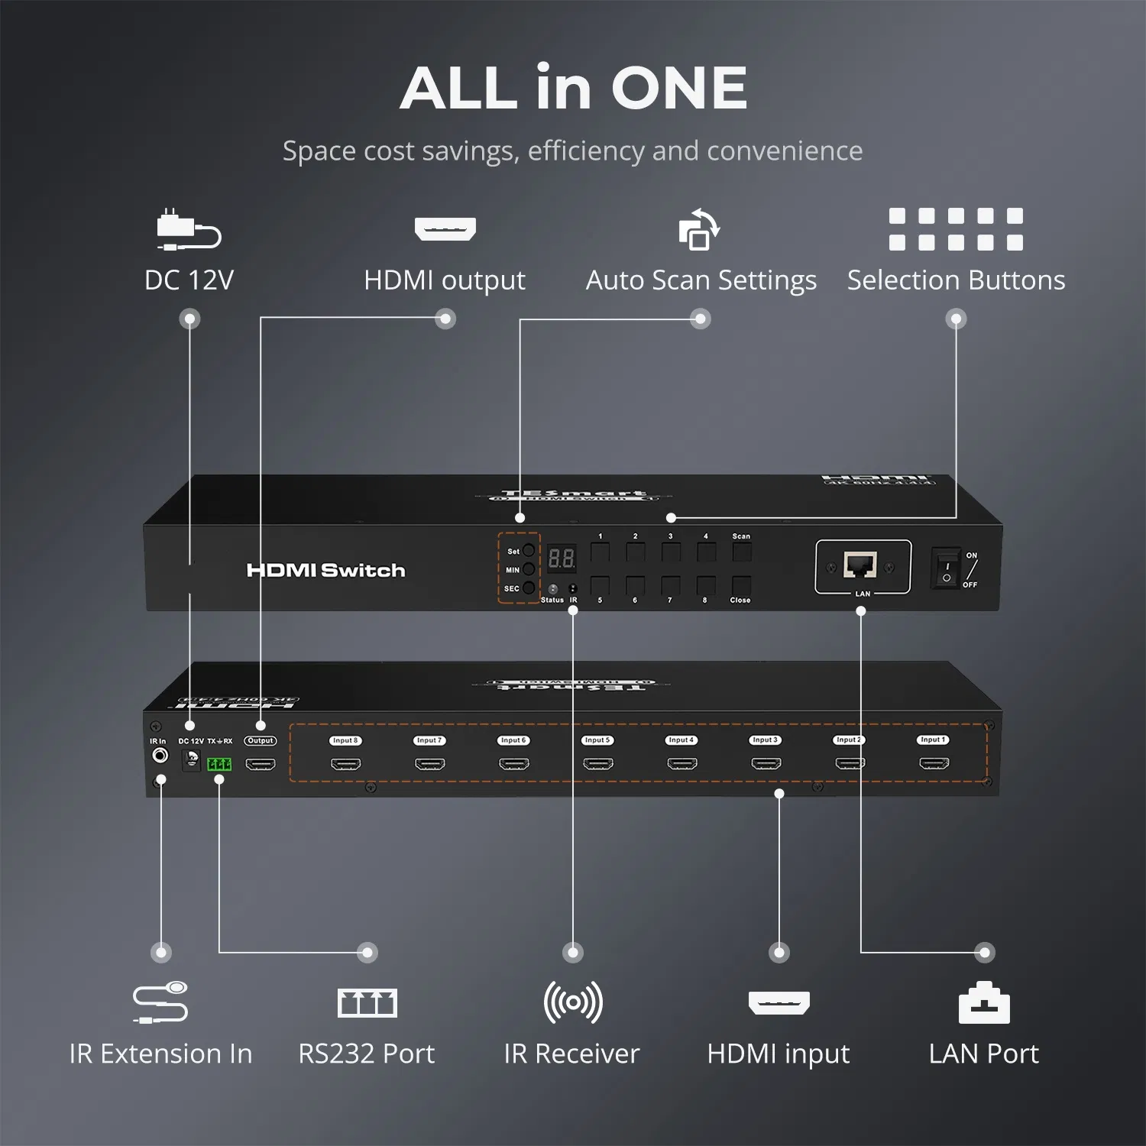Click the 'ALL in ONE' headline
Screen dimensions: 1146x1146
click(x=573, y=88)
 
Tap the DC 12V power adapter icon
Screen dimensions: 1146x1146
click(x=189, y=229)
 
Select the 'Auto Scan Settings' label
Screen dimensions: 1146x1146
click(x=701, y=280)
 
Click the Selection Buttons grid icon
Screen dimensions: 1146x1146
click(x=956, y=229)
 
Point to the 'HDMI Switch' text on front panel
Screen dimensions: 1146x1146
click(x=325, y=571)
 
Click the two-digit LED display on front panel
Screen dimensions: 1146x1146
click(x=562, y=558)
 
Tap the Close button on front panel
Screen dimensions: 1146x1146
click(x=741, y=586)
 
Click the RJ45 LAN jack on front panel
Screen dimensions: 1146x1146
click(x=859, y=565)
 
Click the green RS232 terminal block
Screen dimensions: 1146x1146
click(x=219, y=764)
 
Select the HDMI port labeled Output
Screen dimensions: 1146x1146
click(x=261, y=764)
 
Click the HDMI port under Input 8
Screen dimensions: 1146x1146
click(x=345, y=764)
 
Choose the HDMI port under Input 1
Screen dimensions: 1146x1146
click(x=934, y=763)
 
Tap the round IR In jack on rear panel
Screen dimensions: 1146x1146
click(x=160, y=756)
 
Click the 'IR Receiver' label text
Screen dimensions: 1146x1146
click(x=571, y=1054)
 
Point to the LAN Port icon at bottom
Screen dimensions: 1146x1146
click(x=984, y=1003)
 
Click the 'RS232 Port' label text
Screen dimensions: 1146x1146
click(x=367, y=1054)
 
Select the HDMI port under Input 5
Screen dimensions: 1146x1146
click(x=597, y=764)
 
